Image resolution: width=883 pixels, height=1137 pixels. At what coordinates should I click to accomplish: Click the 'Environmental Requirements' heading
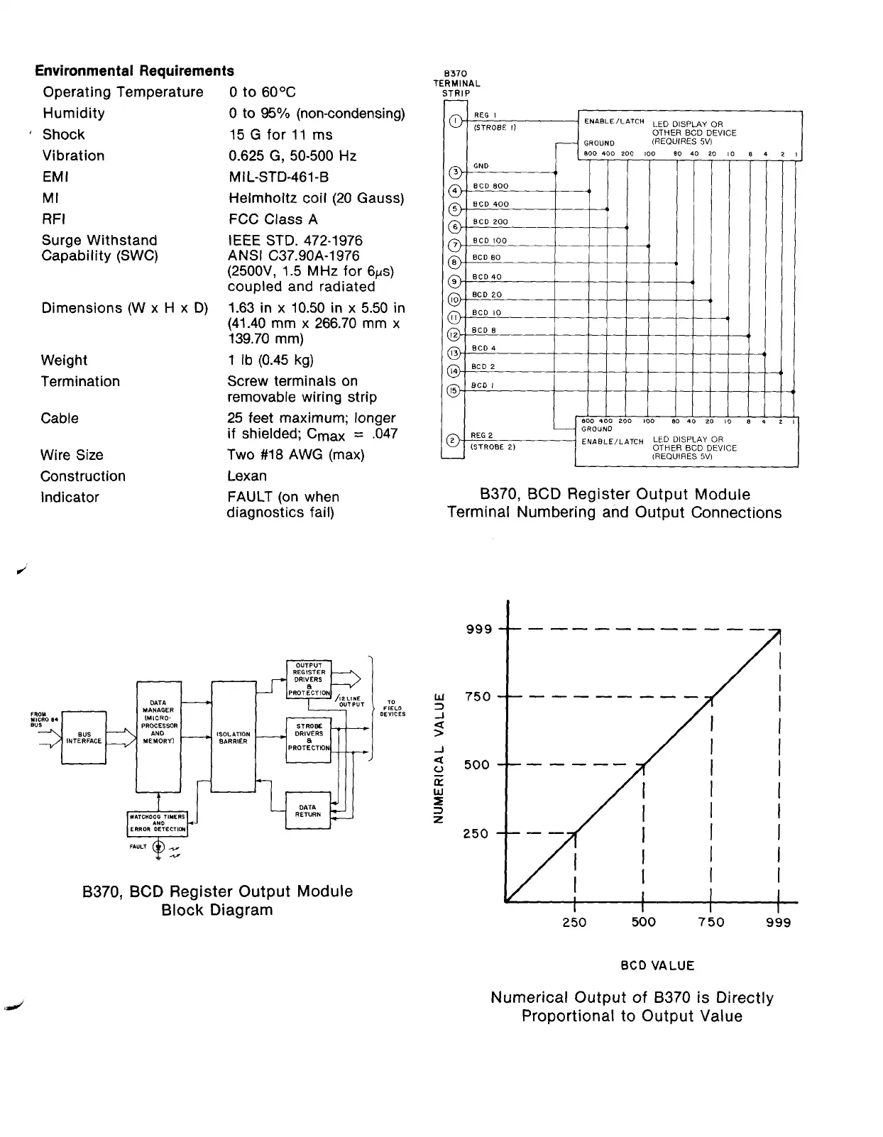point(135,71)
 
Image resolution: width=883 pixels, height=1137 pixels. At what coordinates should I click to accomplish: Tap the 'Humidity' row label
point(74,114)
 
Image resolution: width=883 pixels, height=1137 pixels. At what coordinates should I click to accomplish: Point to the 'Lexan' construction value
point(247,476)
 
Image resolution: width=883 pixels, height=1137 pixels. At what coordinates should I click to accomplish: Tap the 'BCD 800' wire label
point(490,186)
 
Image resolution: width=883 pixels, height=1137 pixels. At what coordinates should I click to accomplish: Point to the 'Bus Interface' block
point(84,737)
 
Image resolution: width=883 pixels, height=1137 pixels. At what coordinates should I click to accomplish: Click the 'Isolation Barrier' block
point(234,737)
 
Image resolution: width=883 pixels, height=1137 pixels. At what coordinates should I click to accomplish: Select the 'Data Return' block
point(308,811)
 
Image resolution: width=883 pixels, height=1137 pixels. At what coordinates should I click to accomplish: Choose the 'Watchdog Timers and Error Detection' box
point(158,823)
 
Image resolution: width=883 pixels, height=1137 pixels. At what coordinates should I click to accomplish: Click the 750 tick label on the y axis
point(477,697)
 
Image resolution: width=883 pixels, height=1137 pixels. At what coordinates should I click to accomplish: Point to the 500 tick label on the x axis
point(643,922)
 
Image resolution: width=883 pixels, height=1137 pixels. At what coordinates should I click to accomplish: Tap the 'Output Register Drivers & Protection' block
point(309,679)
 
